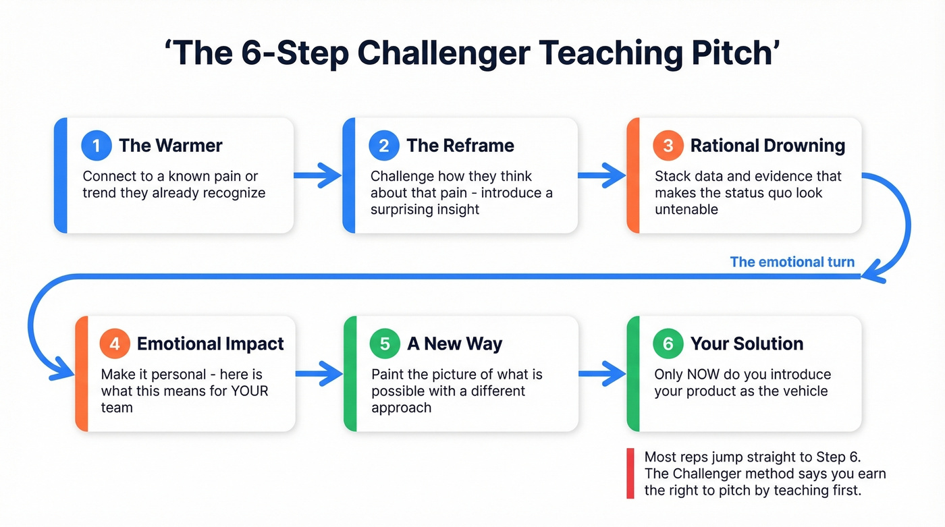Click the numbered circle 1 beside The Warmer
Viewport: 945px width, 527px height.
pos(97,146)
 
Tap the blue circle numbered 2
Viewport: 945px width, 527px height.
pos(384,146)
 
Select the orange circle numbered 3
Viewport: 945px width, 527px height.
pos(668,146)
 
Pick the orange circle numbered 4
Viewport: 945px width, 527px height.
pos(115,344)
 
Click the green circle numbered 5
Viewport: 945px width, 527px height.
pos(385,344)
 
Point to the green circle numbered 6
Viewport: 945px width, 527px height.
pos(668,344)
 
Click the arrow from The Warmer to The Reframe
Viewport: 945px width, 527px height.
pos(318,175)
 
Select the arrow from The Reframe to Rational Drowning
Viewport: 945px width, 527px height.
pos(602,175)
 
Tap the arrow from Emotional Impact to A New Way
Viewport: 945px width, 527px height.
pos(319,373)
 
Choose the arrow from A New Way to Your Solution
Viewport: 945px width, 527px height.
pos(603,373)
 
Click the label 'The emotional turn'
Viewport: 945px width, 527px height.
pos(792,262)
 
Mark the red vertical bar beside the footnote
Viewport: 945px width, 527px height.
pos(630,474)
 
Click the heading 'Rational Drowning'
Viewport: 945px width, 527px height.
pos(767,146)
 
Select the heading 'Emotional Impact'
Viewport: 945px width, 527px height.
pos(210,344)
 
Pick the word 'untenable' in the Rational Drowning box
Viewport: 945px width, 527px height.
pos(686,209)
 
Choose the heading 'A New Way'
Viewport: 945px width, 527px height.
pos(454,344)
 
